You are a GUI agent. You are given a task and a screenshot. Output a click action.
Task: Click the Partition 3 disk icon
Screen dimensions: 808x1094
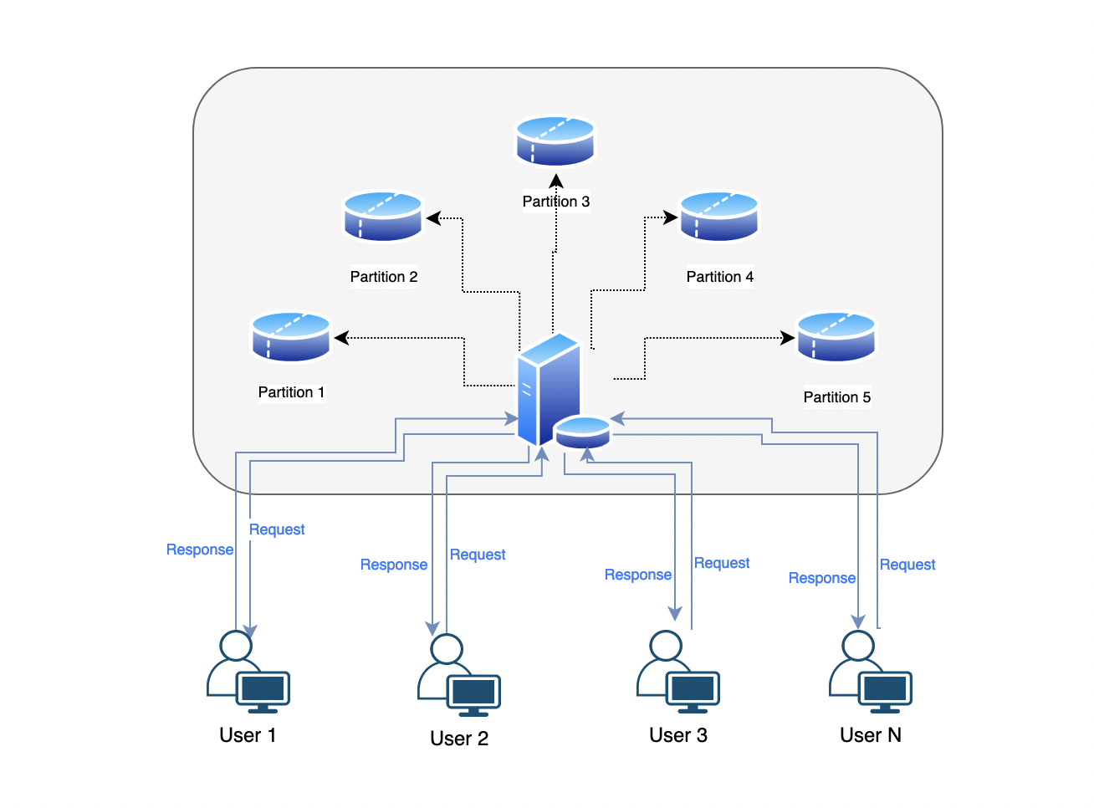point(555,141)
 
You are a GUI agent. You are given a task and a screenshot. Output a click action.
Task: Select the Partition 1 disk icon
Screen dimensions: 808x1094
point(291,337)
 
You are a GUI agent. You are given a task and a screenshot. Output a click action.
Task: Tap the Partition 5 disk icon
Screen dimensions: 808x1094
point(836,337)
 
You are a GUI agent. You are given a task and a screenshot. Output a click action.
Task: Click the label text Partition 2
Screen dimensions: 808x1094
point(384,277)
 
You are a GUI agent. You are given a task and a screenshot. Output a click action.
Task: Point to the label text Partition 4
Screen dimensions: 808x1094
point(719,277)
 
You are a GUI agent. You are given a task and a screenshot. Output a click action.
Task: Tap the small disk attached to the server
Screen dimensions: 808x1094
point(583,432)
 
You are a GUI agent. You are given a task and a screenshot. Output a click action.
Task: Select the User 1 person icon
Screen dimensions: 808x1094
point(235,661)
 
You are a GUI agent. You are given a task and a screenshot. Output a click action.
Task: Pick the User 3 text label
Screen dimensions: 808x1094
point(678,735)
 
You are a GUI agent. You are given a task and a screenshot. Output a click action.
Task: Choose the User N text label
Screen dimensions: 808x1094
point(871,735)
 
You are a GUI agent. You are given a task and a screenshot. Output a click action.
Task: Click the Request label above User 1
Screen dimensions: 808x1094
point(277,529)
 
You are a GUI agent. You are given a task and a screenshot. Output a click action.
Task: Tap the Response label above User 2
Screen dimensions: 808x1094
point(394,565)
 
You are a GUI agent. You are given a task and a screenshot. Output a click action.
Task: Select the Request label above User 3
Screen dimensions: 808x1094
point(722,563)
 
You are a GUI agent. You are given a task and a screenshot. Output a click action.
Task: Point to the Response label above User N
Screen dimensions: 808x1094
point(822,578)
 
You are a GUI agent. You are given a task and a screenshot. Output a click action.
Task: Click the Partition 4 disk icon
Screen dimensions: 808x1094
point(718,217)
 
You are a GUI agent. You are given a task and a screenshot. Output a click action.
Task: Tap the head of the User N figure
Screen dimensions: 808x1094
point(858,645)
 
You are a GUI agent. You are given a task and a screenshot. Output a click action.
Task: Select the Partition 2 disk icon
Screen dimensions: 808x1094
point(383,217)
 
